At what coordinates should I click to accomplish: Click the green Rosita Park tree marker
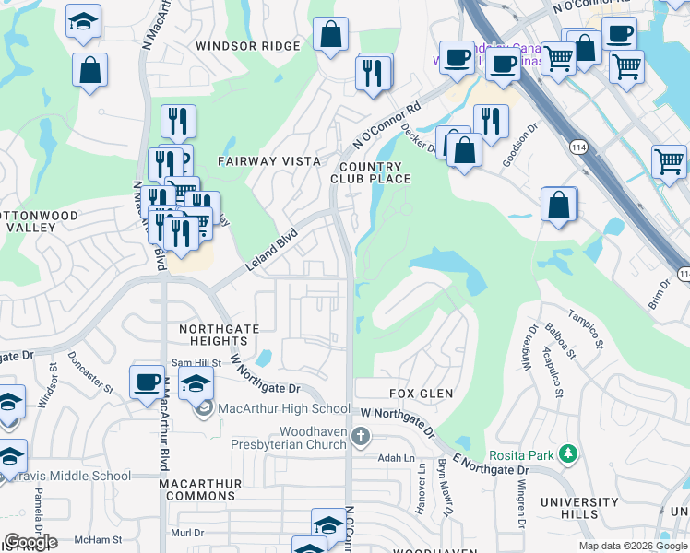569,453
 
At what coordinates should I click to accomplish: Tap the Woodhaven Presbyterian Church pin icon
361,435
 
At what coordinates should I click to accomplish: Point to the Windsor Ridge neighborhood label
248,46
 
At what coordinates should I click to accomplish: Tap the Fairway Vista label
268,160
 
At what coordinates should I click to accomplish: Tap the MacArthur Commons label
200,489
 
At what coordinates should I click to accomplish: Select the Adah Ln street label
397,458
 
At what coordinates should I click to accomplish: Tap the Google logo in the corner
30,542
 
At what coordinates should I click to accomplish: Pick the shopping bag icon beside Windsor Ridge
330,38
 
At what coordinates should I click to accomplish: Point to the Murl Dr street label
186,533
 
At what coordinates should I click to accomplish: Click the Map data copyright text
632,546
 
